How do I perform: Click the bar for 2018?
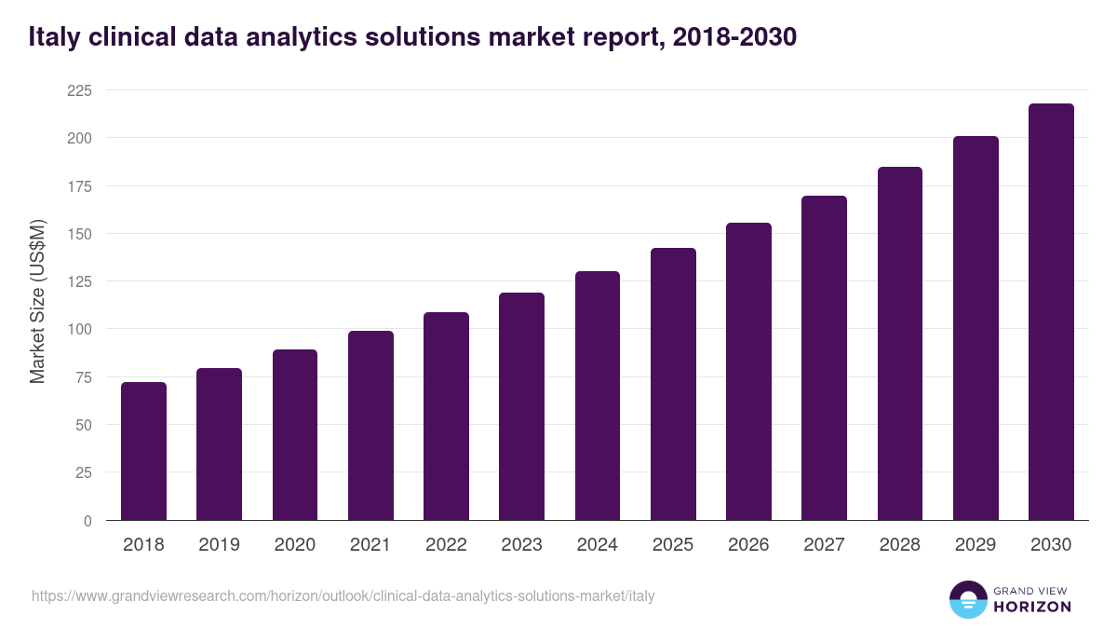click(143, 451)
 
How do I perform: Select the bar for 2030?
click(1051, 312)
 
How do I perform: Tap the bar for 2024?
click(598, 396)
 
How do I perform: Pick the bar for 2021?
click(370, 426)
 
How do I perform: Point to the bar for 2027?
click(824, 358)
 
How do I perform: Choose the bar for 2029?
click(976, 328)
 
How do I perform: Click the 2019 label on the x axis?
click(219, 545)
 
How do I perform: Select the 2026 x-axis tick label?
click(748, 545)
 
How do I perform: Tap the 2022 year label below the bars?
click(446, 545)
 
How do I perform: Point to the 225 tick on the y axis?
click(79, 90)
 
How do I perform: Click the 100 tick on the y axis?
click(79, 329)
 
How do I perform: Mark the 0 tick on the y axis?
click(87, 521)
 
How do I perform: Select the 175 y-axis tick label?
click(79, 186)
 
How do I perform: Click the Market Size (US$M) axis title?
click(37, 302)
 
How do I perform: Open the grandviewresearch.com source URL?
click(343, 595)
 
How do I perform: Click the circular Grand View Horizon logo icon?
click(967, 599)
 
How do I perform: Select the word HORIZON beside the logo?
click(1032, 607)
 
